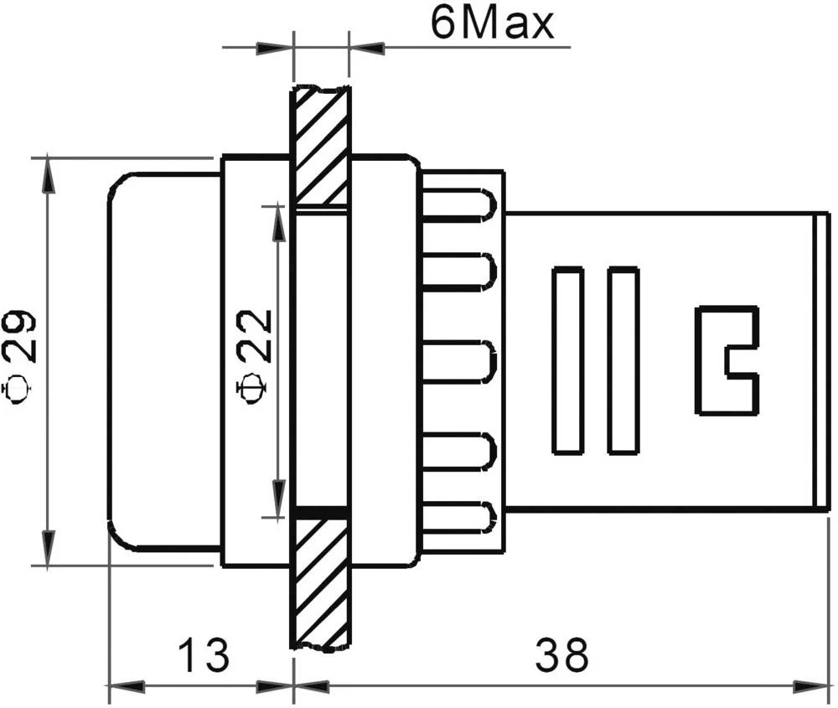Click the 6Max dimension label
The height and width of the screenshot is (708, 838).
492,24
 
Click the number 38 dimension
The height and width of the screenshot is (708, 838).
562,656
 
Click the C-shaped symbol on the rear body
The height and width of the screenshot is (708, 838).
727,360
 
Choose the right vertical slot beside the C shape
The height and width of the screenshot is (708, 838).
623,360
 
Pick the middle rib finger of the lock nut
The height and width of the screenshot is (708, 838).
462,360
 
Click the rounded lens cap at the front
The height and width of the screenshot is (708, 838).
163,360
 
